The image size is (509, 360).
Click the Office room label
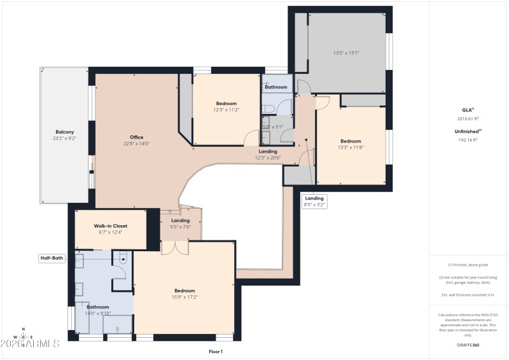[x=137, y=137]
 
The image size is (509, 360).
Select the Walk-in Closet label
[x=111, y=226]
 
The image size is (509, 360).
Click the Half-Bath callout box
[x=51, y=258]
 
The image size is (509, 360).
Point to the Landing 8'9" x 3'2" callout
[x=314, y=201]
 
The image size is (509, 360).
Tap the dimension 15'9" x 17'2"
[x=185, y=297]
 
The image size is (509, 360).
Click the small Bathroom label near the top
[x=276, y=87]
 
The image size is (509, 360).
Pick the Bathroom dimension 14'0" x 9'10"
[x=98, y=313]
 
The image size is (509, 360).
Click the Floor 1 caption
[x=216, y=351]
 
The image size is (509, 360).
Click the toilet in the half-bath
[x=123, y=259]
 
